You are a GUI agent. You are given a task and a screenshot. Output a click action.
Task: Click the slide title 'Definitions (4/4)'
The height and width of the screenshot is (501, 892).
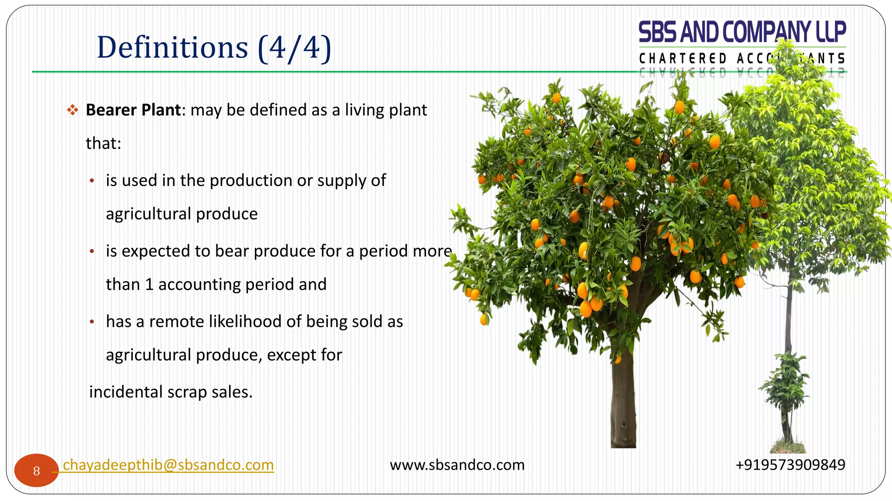214,47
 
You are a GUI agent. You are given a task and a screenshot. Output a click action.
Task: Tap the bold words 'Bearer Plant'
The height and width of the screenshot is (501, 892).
133,110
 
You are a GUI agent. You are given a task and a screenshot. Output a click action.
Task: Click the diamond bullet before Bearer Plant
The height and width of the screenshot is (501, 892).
72,110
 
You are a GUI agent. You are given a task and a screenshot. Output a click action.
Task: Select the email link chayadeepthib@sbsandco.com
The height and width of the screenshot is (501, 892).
168,465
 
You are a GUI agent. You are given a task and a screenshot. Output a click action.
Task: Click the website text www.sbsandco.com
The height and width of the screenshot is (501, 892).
457,465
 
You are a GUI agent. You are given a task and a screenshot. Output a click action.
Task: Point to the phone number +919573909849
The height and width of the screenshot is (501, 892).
790,465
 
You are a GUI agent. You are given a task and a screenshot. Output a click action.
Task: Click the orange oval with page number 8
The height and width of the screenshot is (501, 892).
36,471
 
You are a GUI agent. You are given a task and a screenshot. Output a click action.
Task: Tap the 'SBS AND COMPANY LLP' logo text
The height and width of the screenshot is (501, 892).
742,32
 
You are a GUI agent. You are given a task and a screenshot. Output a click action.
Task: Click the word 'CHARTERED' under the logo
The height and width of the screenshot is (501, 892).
683,58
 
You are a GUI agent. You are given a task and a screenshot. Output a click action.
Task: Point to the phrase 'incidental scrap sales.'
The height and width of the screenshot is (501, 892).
171,392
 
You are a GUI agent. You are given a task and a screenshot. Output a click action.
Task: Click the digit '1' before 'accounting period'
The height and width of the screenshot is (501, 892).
149,284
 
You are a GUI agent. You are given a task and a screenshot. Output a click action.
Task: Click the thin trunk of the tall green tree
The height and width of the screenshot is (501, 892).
789,317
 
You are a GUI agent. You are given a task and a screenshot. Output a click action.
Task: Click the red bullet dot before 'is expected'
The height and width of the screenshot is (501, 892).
92,251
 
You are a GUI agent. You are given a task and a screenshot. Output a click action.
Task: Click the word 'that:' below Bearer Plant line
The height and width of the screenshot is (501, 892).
103,144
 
